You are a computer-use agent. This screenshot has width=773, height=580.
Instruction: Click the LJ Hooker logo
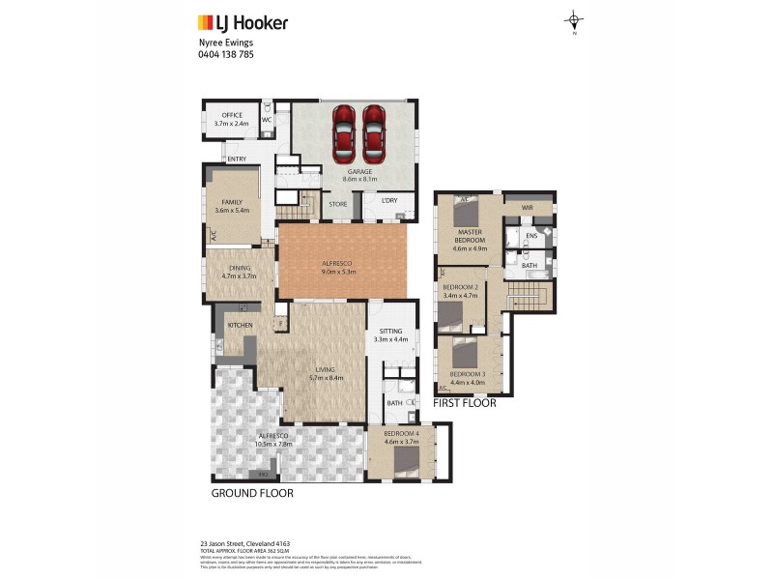click(243, 23)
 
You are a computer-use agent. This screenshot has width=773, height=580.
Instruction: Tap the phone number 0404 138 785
click(224, 56)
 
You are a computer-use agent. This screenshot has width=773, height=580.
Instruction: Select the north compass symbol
click(574, 21)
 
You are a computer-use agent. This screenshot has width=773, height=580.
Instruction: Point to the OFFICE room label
click(230, 115)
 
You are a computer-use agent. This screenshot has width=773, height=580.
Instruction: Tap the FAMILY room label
click(230, 202)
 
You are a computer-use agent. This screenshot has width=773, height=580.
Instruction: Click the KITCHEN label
click(240, 325)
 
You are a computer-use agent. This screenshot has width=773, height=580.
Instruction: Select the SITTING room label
click(391, 331)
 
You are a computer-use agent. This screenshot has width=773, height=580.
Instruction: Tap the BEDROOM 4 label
click(401, 434)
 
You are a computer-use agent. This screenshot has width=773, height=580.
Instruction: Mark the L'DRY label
click(390, 201)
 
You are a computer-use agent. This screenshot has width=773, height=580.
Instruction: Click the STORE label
click(338, 204)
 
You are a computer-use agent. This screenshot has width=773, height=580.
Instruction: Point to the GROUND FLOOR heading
click(252, 493)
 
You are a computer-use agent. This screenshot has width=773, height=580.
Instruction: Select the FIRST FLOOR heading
click(465, 403)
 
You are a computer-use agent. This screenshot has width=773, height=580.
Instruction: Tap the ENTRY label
click(237, 159)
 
